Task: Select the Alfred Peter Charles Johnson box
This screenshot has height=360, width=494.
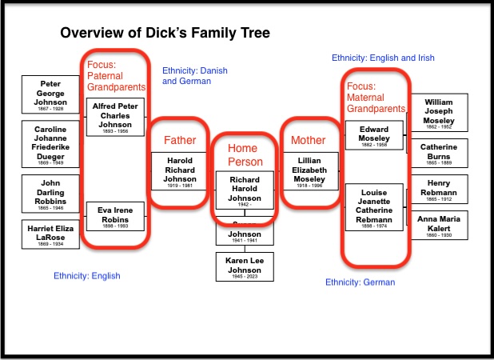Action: click(x=116, y=117)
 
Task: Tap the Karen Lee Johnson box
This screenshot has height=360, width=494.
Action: click(x=245, y=266)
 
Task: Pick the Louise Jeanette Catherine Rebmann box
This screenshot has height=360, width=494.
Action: click(x=374, y=206)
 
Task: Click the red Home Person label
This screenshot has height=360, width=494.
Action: click(x=243, y=154)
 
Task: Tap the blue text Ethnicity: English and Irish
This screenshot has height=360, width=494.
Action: click(x=382, y=58)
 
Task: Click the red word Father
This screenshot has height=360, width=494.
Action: click(x=180, y=140)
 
